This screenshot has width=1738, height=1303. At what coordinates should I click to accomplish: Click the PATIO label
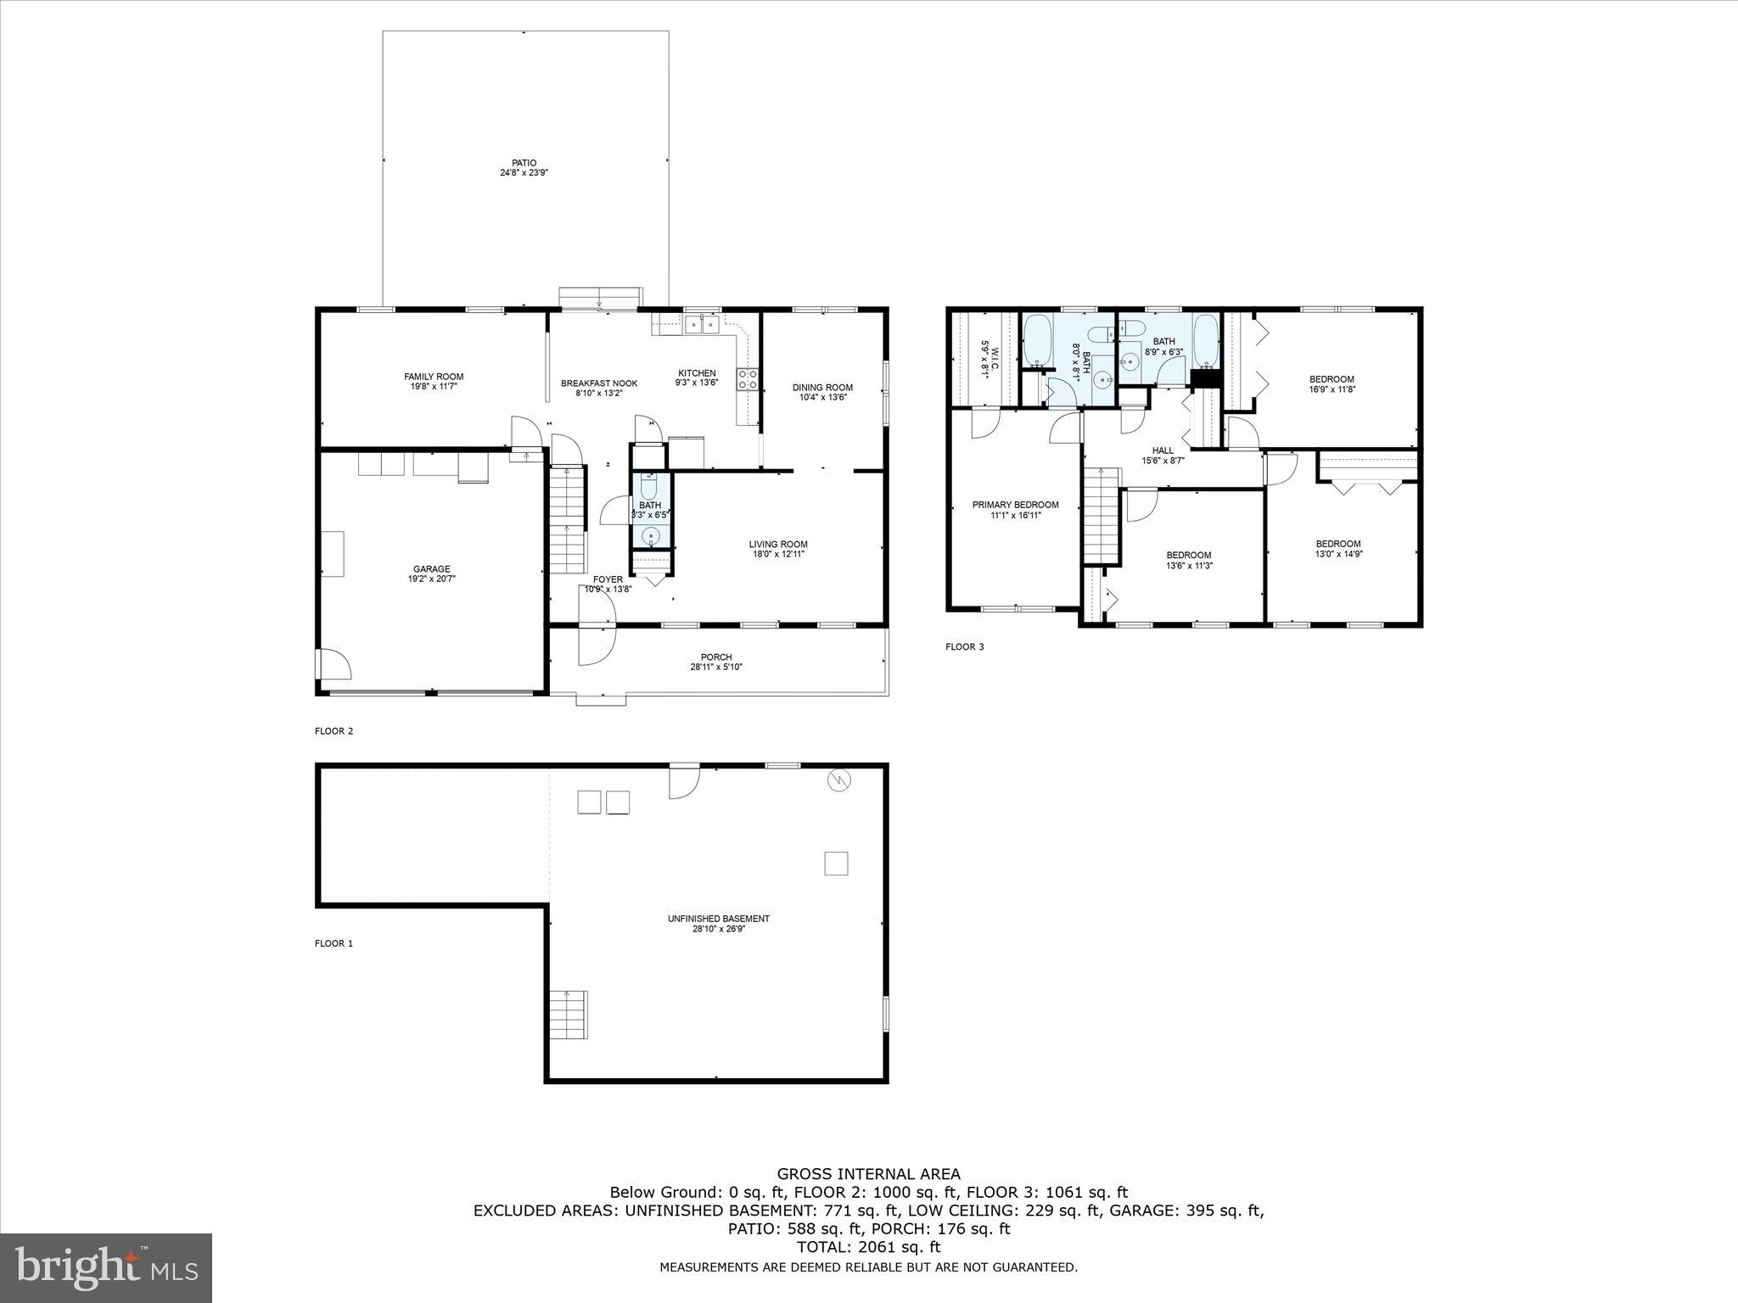524,163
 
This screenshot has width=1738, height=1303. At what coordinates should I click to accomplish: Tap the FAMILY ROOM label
434,377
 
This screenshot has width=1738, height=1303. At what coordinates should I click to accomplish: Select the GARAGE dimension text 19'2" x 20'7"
431,579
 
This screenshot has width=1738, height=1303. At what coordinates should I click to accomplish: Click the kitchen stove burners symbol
748,379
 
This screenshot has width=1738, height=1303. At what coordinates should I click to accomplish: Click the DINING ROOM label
822,388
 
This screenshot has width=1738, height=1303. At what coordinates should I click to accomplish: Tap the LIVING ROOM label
778,545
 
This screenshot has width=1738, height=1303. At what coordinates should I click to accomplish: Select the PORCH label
716,657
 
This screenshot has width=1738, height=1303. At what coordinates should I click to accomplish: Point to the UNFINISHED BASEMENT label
718,919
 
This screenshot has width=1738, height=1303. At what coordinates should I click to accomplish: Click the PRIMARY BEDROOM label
1015,505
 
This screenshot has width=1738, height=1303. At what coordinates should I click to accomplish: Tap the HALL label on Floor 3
1163,450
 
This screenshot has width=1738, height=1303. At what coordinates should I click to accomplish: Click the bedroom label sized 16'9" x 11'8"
1332,379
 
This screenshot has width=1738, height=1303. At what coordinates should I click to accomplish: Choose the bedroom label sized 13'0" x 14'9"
1338,545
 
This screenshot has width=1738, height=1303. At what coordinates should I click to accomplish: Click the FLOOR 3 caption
965,647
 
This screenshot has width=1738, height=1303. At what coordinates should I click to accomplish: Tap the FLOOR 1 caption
334,943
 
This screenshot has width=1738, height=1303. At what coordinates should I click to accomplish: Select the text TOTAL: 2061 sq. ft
868,1247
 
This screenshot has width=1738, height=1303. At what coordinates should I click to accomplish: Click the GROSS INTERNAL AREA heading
868,1174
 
